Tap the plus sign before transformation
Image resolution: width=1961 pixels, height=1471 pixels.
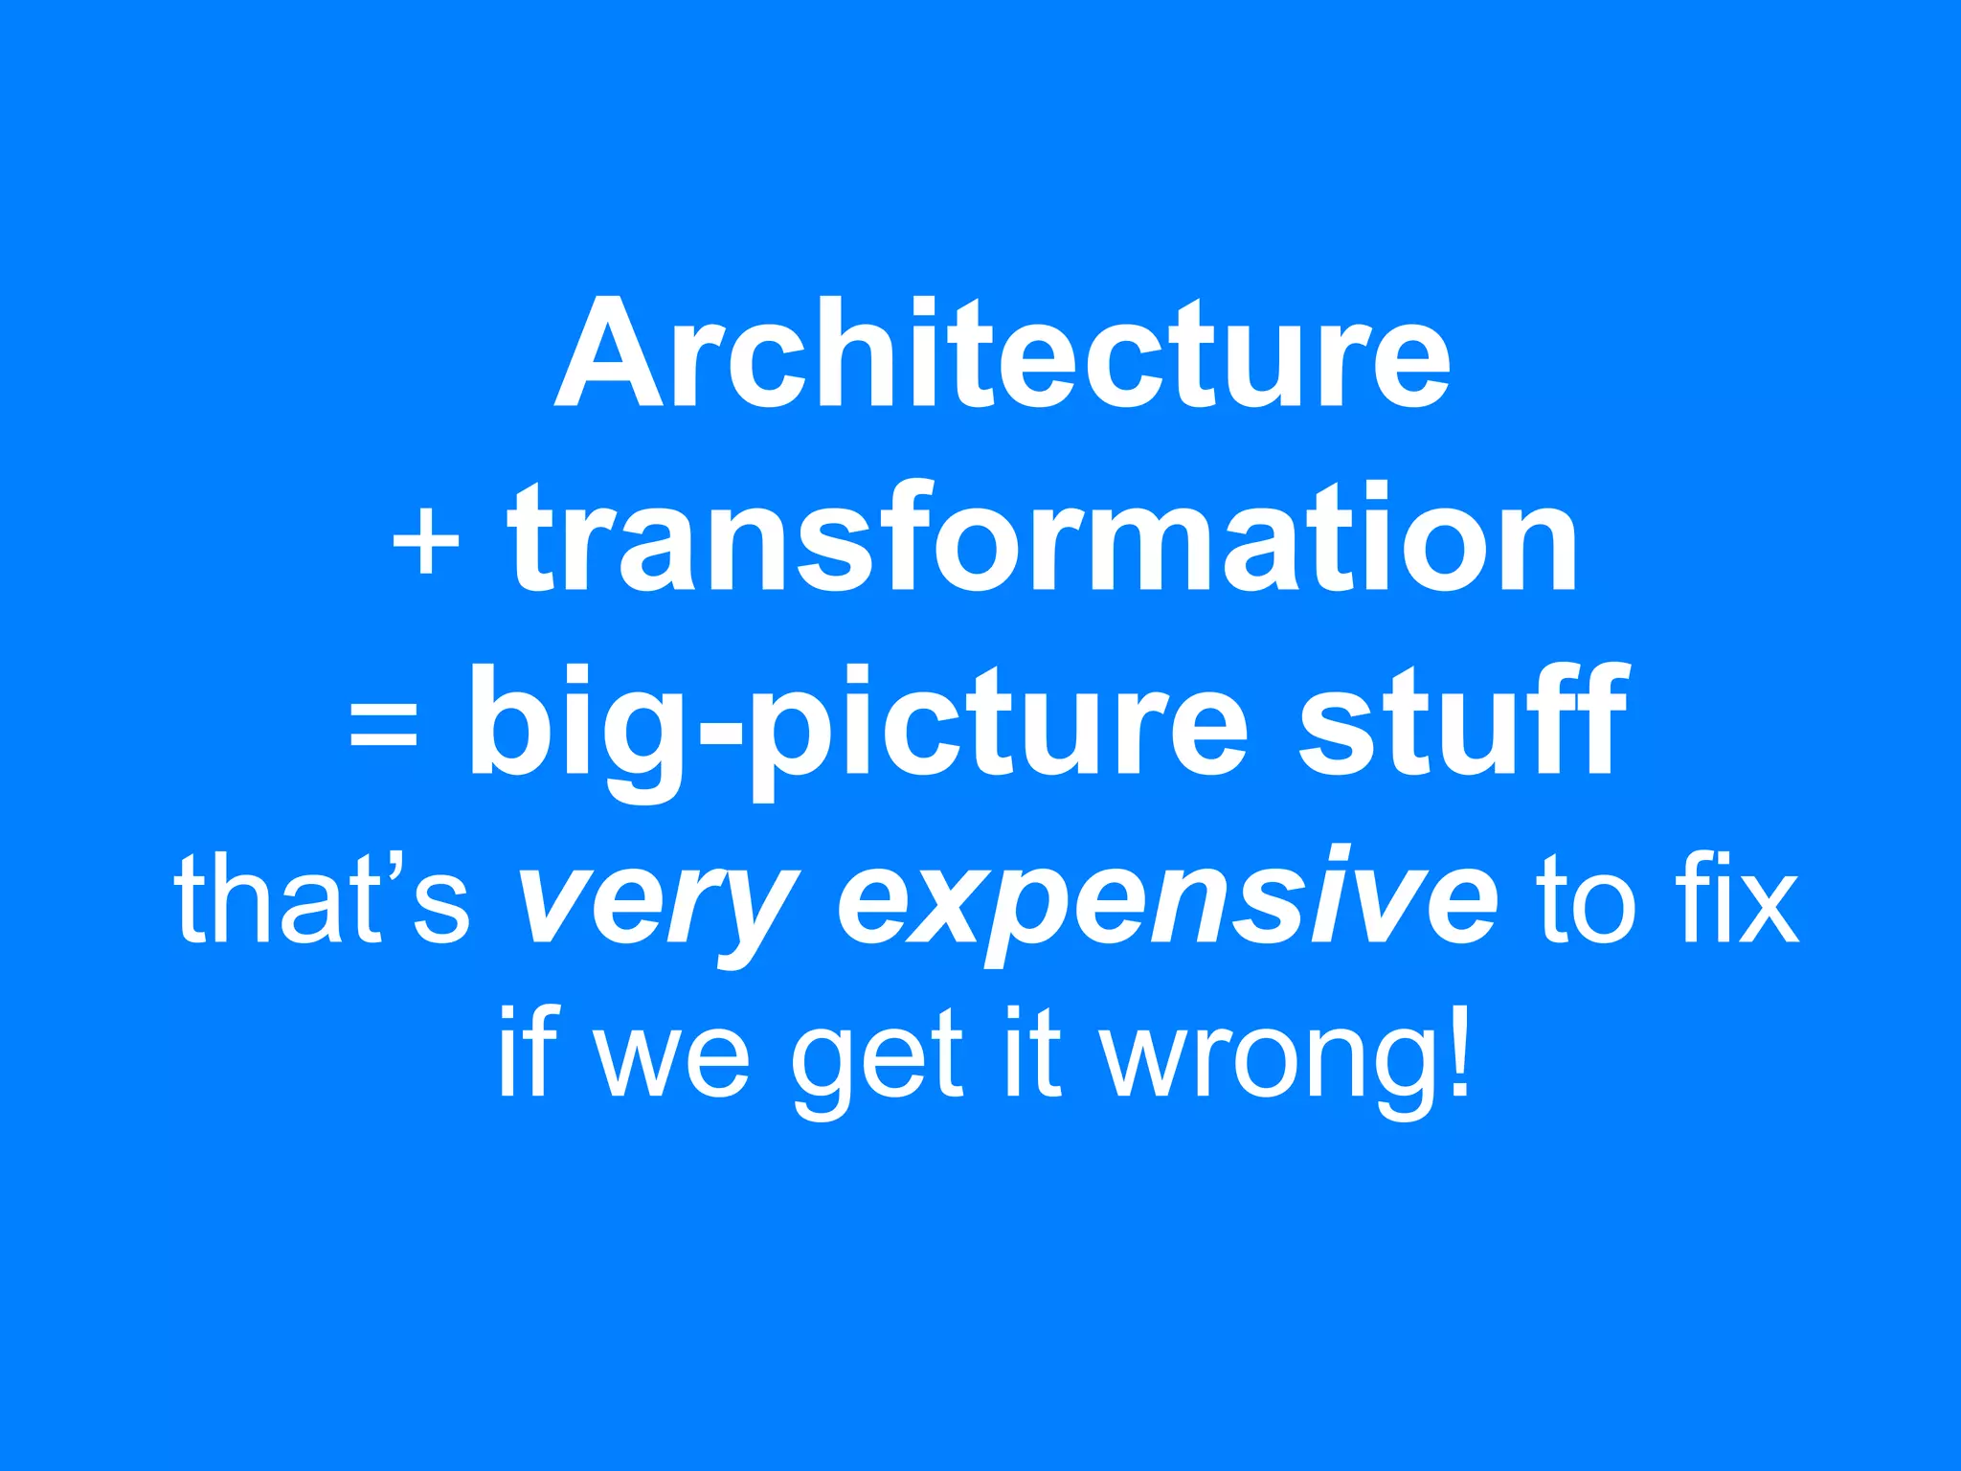[426, 543]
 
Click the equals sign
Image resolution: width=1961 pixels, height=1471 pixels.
[383, 723]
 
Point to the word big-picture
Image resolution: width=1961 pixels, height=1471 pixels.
[857, 728]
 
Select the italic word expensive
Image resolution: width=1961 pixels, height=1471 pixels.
[1167, 900]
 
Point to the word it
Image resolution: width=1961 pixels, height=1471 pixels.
[1032, 1052]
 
